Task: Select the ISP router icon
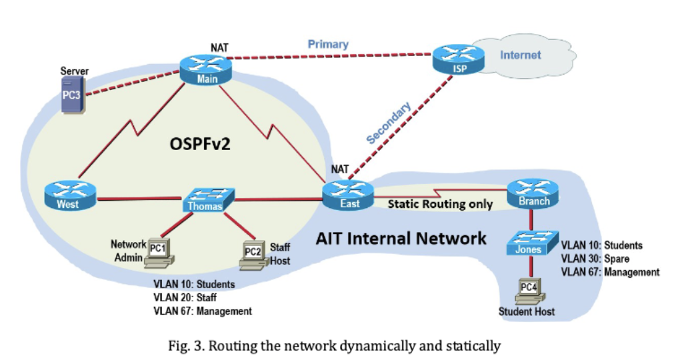coord(455,60)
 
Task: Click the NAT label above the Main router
coord(219,47)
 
